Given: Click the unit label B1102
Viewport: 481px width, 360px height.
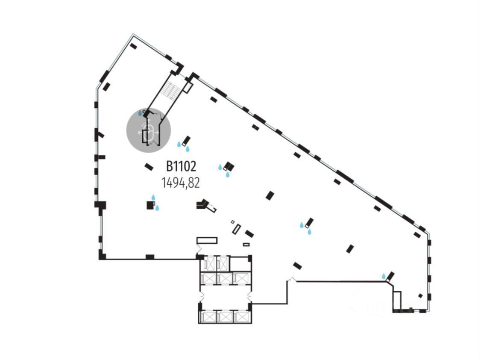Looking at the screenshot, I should pyautogui.click(x=180, y=166).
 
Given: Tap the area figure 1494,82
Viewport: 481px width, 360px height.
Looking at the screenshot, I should pyautogui.click(x=180, y=183).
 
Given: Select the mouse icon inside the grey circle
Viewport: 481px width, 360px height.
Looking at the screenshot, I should pyautogui.click(x=149, y=132).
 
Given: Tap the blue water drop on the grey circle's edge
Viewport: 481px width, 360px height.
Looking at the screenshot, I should pyautogui.click(x=140, y=113).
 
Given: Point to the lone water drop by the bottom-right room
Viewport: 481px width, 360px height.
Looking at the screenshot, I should pyautogui.click(x=384, y=276).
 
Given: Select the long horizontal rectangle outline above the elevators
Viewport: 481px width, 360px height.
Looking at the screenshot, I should pyautogui.click(x=207, y=240).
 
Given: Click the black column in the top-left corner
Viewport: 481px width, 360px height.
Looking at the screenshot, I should pyautogui.click(x=133, y=46).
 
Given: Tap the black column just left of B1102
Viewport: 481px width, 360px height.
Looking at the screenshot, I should pyautogui.click(x=149, y=167).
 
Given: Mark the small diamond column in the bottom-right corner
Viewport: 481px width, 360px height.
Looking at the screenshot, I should pyautogui.click(x=420, y=295).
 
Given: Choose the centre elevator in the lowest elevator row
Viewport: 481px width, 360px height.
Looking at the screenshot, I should pyautogui.click(x=225, y=317).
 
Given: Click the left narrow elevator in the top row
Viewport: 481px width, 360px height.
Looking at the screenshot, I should pyautogui.click(x=209, y=263).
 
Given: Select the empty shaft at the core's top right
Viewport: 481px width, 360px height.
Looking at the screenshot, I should pyautogui.click(x=240, y=263).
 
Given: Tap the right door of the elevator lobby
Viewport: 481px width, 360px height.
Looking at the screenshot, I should pyautogui.click(x=251, y=295).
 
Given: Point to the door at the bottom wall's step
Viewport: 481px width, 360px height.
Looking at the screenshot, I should pyautogui.click(x=292, y=280).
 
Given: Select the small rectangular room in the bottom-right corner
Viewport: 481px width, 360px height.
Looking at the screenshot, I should pyautogui.click(x=397, y=299).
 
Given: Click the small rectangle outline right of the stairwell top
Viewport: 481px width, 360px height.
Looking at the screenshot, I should pyautogui.click(x=188, y=87).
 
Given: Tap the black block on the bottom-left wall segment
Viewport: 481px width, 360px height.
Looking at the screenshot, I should pyautogui.click(x=150, y=257).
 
